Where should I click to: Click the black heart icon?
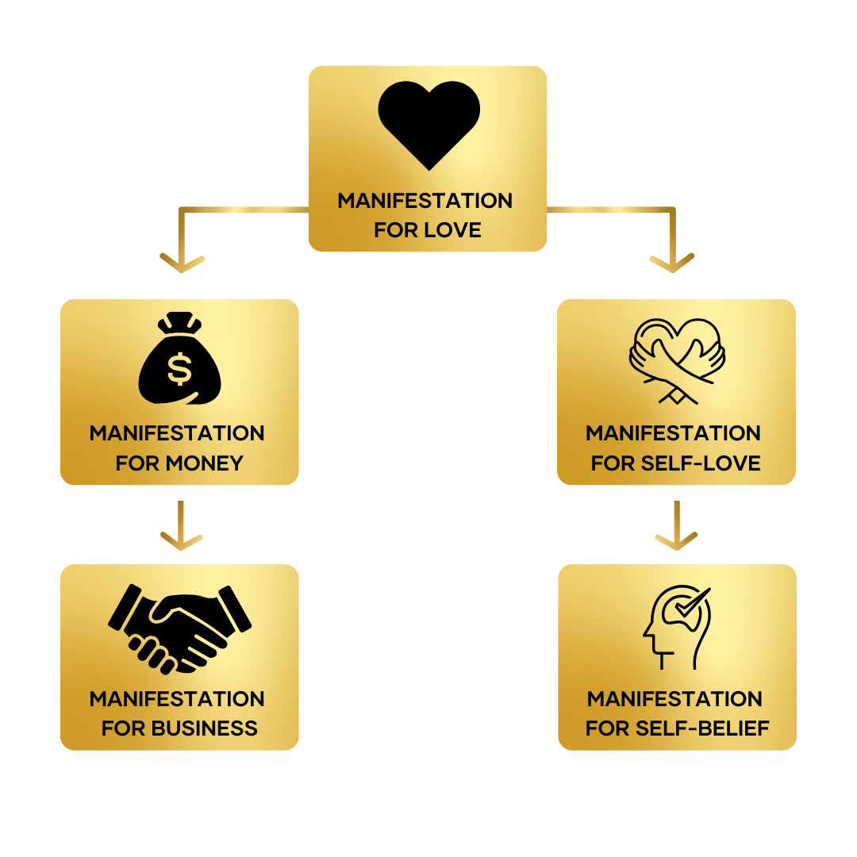428,124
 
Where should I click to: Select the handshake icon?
179,627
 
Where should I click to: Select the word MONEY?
204,463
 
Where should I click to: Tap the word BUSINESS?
205,728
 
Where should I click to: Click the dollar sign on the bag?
179,368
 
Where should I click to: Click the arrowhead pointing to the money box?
183,263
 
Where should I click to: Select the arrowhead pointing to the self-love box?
672,263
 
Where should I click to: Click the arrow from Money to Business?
182,527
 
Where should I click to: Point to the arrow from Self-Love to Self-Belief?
676,527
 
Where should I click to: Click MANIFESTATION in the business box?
177,699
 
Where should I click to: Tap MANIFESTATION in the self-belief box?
674,699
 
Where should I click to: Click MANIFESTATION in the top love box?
425,201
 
